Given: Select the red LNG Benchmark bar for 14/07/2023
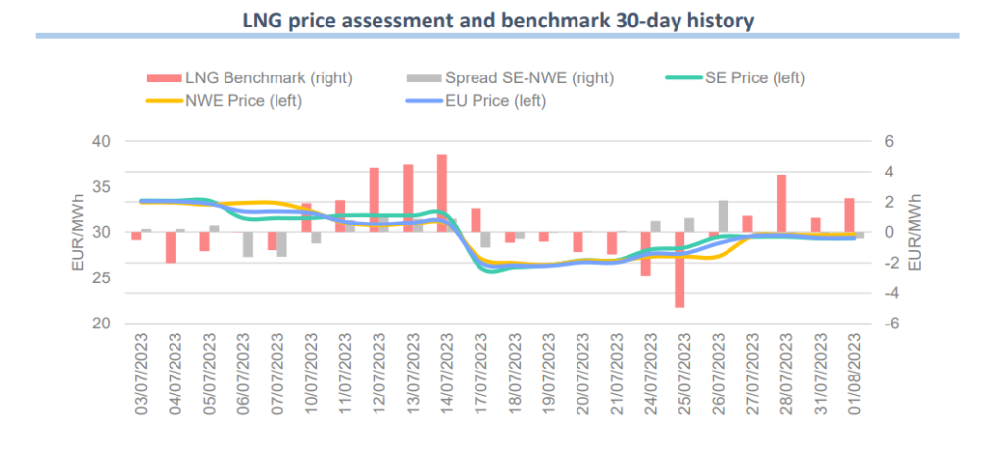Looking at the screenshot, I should [441, 193].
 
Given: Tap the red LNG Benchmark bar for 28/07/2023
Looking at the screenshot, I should [781, 204].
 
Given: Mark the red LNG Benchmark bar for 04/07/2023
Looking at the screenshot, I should [171, 247].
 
